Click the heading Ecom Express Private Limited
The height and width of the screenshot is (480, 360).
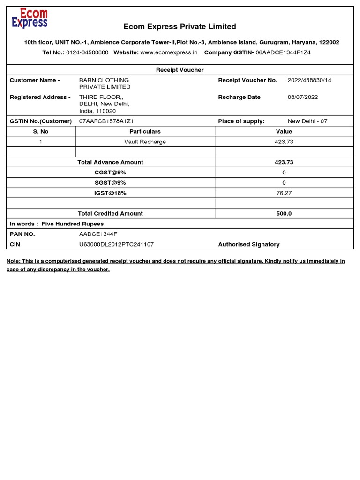[180, 27]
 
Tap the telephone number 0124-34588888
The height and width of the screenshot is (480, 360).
[87, 52]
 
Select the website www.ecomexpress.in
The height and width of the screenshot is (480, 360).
[169, 52]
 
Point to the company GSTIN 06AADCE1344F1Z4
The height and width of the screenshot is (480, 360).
[283, 52]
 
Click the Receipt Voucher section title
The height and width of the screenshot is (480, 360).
[180, 70]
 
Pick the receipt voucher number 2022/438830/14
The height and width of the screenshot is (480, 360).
[309, 80]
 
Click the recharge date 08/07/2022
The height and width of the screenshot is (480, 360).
[303, 97]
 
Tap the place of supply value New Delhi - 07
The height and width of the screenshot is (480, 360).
[307, 121]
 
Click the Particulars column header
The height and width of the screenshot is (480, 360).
[145, 132]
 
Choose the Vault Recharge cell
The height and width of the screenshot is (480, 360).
[145, 142]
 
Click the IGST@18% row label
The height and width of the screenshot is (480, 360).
[110, 193]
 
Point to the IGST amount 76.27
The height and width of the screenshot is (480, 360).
[284, 193]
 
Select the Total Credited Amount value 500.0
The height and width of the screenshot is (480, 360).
[284, 213]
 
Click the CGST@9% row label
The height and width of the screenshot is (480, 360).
[110, 172]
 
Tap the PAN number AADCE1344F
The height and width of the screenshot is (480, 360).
[98, 234]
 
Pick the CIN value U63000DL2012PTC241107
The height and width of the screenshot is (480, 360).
[116, 244]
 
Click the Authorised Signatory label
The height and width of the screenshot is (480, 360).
[249, 244]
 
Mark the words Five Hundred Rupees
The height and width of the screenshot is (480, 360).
[73, 224]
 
